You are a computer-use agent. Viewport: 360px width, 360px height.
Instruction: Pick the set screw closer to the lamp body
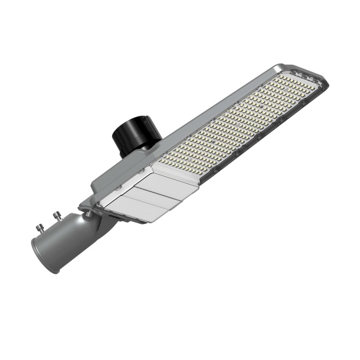tap(58, 214)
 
